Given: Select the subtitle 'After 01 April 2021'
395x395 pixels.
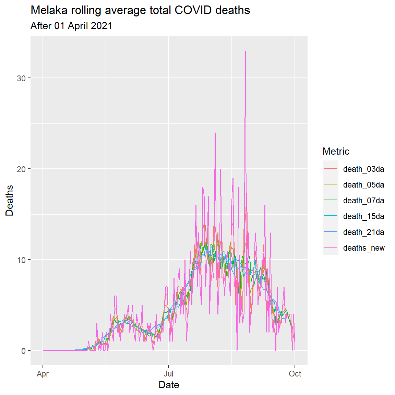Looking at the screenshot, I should (x=71, y=26).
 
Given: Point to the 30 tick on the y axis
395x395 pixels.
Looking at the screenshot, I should (x=21, y=78).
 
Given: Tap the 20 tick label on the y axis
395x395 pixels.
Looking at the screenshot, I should (x=21, y=169).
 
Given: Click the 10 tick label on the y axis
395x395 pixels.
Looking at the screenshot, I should (x=21, y=260).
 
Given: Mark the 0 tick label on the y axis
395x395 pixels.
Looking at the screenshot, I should (x=23, y=351).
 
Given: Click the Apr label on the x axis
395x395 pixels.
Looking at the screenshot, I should (x=43, y=374).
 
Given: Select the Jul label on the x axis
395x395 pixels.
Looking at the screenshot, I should (x=168, y=374).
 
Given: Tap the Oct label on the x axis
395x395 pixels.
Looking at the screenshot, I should (x=295, y=374).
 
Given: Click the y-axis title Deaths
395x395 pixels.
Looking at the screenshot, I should (x=10, y=200).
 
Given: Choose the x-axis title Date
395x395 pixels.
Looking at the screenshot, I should (x=169, y=385).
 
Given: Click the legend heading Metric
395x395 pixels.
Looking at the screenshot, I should (x=336, y=151).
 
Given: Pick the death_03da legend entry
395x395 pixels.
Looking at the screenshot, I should (x=363, y=169).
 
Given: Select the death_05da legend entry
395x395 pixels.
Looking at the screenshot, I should (x=363, y=185).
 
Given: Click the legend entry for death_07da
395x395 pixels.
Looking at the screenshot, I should (x=363, y=201).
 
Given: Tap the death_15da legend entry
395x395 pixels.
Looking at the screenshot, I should (x=363, y=216).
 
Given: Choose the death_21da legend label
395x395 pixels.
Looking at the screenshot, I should (x=363, y=232).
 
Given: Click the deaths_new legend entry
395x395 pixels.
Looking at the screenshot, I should (x=364, y=248).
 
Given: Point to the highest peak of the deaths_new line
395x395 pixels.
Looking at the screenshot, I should (x=245, y=51).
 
